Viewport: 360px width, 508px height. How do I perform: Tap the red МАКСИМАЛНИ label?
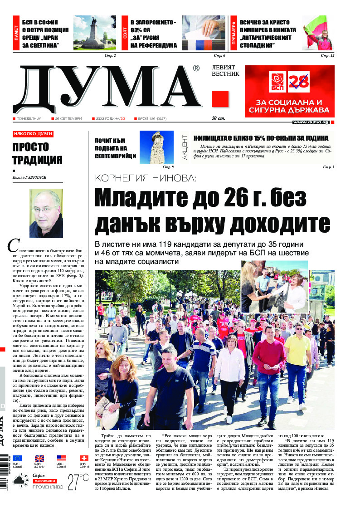[44, 480]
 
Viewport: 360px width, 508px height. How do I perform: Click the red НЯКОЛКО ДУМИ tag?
[33, 134]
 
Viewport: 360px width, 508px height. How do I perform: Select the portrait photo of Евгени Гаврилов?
[46, 210]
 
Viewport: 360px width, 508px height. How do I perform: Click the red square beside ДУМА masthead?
[220, 99]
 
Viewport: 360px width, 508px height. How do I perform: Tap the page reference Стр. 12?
[327, 55]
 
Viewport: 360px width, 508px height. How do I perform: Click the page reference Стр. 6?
[219, 55]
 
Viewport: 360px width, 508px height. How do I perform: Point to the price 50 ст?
[219, 118]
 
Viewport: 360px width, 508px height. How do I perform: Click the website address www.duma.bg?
[311, 122]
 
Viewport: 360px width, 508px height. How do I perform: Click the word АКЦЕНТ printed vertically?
[185, 146]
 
